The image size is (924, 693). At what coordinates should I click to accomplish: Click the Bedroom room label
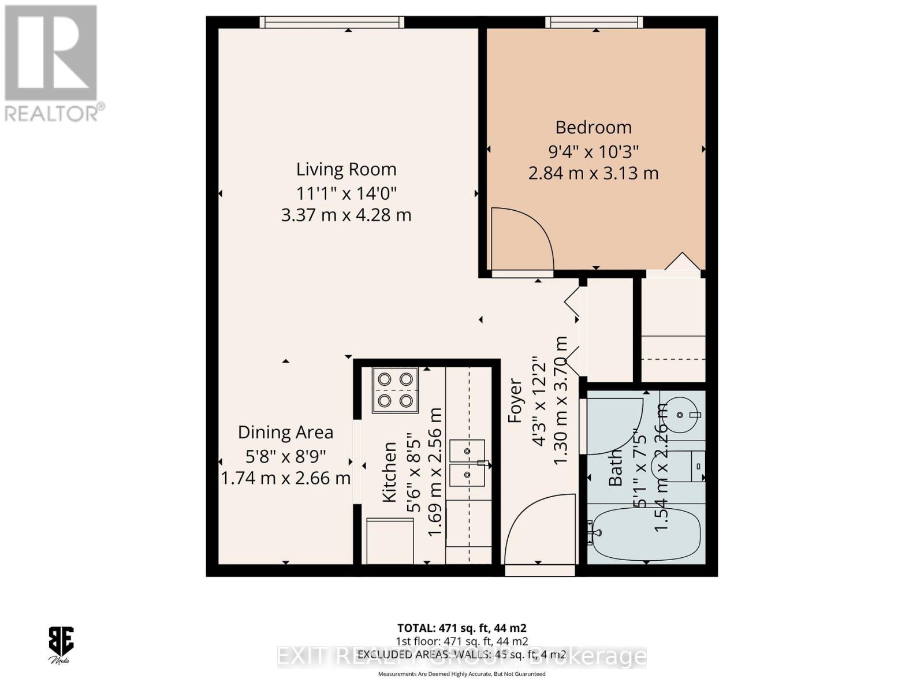coord(593,127)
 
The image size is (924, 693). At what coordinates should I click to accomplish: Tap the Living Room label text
coord(346,169)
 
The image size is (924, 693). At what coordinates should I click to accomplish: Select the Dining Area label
coord(285,432)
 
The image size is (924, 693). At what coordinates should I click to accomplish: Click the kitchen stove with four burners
coord(395,390)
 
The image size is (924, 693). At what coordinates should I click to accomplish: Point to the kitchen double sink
coord(467,462)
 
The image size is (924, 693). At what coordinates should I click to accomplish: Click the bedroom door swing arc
coord(521,238)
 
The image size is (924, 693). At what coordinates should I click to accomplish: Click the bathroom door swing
coord(614,426)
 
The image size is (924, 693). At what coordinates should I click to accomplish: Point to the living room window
coord(331,23)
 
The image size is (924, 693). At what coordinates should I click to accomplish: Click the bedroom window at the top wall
coord(594,23)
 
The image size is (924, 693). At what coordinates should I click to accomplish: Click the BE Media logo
coord(60,644)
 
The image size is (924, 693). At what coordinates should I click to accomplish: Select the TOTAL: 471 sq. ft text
coord(461,628)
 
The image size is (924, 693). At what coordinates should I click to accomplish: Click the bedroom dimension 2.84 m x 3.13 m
coord(593,173)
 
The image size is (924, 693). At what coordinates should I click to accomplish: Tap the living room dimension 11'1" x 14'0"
coord(346,192)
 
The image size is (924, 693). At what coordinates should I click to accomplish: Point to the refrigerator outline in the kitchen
coord(390,541)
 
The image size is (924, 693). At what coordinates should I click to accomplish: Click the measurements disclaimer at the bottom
coord(461,674)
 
